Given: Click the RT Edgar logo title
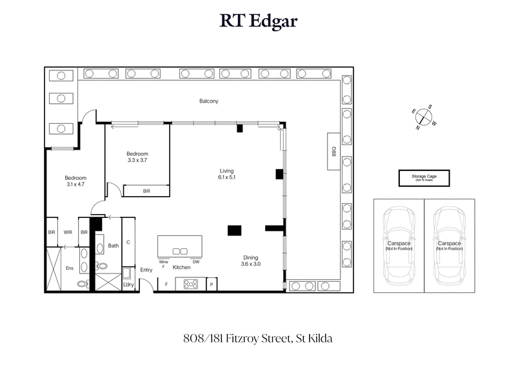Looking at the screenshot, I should [258, 22].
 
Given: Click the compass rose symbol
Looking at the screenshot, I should [422, 117].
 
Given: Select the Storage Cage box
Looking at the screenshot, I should [422, 177].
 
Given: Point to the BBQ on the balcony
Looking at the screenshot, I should [334, 151].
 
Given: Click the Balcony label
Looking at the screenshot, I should [208, 101].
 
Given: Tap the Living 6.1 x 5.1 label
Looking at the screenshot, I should [226, 174].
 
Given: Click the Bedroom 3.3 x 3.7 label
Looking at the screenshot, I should [137, 157].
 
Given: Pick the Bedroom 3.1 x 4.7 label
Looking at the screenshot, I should [75, 181].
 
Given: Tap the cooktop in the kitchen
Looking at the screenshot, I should [190, 283].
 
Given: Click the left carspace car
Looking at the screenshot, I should [399, 245].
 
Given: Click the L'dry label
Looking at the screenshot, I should [128, 284].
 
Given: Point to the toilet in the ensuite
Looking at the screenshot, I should [82, 282].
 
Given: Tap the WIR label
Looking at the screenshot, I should [68, 232].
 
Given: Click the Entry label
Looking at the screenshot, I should [146, 270].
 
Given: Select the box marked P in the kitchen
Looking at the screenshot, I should [212, 284].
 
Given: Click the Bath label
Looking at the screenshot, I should [114, 245].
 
